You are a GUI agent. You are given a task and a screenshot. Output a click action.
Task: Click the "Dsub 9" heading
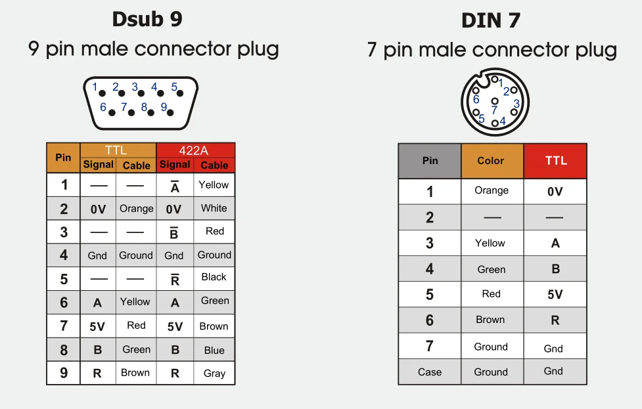pyautogui.click(x=147, y=19)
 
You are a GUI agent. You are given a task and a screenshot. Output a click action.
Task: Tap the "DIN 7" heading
pyautogui.click(x=491, y=20)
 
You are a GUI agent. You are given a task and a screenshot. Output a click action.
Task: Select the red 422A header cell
pyautogui.click(x=195, y=150)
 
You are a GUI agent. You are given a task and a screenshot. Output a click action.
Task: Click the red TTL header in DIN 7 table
pyautogui.click(x=555, y=161)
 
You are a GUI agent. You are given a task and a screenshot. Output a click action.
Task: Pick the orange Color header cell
pyautogui.click(x=491, y=161)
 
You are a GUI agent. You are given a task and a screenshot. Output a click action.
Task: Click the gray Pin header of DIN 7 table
pyautogui.click(x=430, y=161)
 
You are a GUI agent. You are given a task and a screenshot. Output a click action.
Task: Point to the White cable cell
pyautogui.click(x=214, y=208)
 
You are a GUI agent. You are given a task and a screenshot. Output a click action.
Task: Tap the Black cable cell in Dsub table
pyautogui.click(x=214, y=277)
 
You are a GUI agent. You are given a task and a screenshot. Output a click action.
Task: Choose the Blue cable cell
pyautogui.click(x=214, y=350)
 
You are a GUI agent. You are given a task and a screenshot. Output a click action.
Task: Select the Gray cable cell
pyautogui.click(x=214, y=373)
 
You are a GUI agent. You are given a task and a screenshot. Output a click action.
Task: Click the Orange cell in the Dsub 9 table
pyautogui.click(x=136, y=209)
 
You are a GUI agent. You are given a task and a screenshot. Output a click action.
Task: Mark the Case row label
pyautogui.click(x=430, y=372)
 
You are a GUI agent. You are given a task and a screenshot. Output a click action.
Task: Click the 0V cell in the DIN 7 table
pyautogui.click(x=555, y=192)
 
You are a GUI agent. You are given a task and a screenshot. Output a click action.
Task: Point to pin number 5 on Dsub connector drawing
pyautogui.click(x=174, y=87)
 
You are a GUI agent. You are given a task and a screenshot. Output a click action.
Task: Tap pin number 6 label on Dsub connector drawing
pyautogui.click(x=103, y=106)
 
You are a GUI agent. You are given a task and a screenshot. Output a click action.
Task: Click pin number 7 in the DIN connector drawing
pyautogui.click(x=494, y=110)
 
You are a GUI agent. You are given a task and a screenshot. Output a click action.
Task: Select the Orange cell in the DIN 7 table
pyautogui.click(x=492, y=190)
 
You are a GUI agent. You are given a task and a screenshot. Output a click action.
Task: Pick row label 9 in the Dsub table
pyautogui.click(x=64, y=373)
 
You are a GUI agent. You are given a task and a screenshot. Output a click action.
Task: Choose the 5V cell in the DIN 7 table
pyautogui.click(x=555, y=294)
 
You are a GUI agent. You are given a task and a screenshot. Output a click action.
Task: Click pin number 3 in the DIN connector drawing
pyautogui.click(x=516, y=103)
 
